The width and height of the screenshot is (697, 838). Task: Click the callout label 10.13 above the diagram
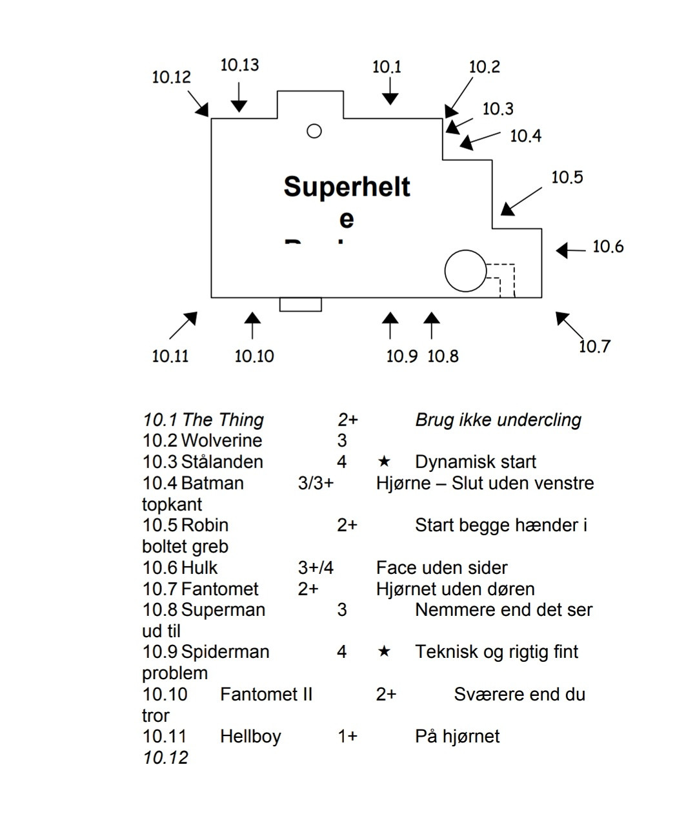239,65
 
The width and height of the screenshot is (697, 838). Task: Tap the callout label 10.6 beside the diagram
608,247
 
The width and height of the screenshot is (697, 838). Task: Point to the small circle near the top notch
314,131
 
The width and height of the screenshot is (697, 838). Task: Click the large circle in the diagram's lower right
465,271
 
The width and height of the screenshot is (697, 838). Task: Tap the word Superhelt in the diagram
347,187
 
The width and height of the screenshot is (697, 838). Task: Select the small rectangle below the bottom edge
300,304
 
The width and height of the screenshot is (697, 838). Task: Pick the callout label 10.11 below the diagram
170,356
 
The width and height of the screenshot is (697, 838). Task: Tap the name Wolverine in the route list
221,441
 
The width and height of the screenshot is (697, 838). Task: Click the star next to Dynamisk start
384,462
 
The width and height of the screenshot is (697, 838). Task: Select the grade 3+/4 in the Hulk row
316,568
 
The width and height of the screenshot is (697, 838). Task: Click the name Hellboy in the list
250,737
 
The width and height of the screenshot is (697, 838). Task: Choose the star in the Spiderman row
384,651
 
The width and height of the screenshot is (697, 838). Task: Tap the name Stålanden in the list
222,462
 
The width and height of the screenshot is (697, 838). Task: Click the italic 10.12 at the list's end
165,758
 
